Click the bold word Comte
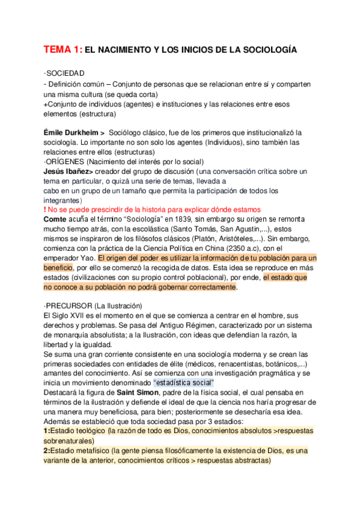coord(56,220)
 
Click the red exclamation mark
coord(45,209)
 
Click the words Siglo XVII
coord(67,315)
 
